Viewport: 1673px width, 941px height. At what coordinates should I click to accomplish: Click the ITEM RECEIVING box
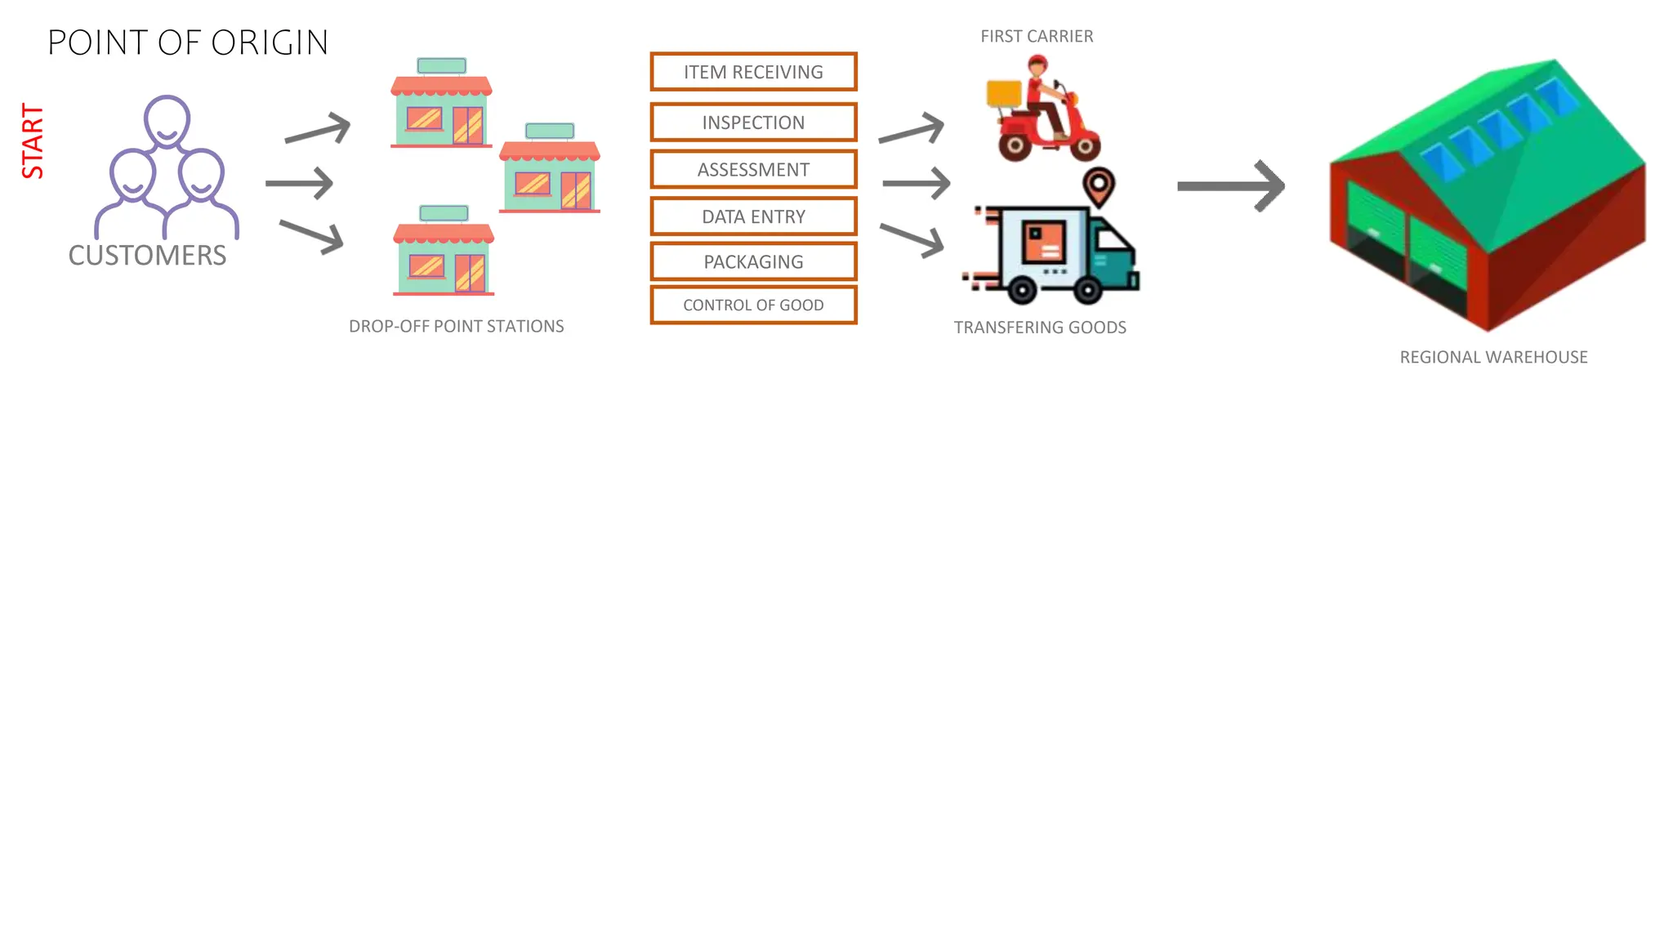[753, 72]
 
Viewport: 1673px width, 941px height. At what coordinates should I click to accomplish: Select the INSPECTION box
[753, 123]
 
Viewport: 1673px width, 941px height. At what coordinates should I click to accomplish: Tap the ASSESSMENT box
[753, 170]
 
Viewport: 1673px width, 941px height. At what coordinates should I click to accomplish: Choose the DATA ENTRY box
[753, 216]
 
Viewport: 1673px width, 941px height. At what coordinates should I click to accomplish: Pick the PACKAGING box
[753, 262]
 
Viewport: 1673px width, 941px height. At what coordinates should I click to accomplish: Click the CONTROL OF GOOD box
[753, 305]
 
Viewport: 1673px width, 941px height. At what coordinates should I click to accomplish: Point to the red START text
[33, 140]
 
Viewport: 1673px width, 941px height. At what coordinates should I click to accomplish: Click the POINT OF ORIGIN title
[188, 42]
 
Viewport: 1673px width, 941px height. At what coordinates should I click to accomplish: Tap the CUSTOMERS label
[147, 256]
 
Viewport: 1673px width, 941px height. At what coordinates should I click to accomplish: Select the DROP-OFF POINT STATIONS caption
[456, 326]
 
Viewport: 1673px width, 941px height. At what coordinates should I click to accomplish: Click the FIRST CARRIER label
[1037, 37]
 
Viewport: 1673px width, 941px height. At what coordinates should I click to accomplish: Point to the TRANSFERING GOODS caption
[1040, 328]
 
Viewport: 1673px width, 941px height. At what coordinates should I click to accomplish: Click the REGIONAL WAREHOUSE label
[1493, 357]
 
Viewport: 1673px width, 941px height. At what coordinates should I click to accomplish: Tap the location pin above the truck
[1099, 185]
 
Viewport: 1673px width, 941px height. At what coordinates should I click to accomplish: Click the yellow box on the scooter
[1004, 93]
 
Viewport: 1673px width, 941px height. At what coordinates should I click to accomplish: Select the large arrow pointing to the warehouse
[1230, 186]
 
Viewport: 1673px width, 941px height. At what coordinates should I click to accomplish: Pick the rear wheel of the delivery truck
[1022, 290]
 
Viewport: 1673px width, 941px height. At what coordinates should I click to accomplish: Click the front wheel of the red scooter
[1085, 148]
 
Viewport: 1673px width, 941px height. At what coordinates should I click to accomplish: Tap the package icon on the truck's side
[1044, 241]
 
